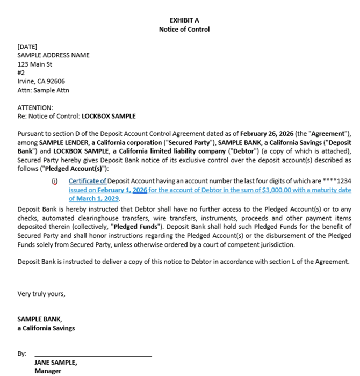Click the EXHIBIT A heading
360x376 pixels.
click(184, 20)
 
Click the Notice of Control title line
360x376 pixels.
click(184, 29)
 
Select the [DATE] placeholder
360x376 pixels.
click(27, 47)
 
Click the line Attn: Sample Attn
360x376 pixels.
click(44, 90)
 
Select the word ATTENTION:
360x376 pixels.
click(35, 107)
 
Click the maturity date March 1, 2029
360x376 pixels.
click(95, 198)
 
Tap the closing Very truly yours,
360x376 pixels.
click(41, 294)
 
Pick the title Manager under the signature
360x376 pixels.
click(48, 371)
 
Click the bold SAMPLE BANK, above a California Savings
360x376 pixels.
click(40, 319)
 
